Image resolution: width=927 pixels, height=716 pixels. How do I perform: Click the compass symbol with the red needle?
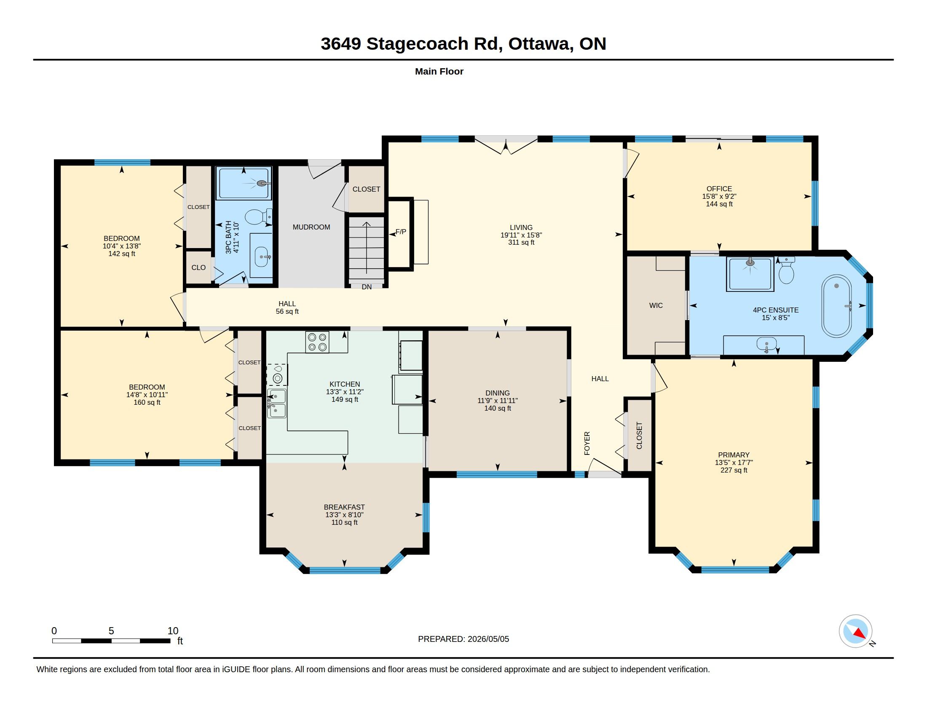tap(855, 631)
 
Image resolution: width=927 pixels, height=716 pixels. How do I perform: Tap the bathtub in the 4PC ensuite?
tap(836, 306)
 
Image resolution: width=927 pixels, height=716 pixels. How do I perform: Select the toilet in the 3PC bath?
tap(257, 217)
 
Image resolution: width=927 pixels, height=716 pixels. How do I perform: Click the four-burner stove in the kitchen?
tap(317, 342)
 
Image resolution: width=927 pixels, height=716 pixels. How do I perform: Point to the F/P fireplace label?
tap(401, 232)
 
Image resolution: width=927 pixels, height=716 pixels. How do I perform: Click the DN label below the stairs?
tap(367, 287)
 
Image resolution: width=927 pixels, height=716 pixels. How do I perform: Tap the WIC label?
tap(656, 305)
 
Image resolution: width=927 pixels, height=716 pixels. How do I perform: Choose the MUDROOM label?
tap(311, 227)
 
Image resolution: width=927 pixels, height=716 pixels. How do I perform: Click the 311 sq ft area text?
tap(521, 243)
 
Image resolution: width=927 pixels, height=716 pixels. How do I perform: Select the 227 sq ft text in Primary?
tap(734, 470)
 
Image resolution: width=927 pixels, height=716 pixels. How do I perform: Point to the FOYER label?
tap(587, 443)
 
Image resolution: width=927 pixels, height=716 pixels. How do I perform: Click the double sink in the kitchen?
tap(277, 403)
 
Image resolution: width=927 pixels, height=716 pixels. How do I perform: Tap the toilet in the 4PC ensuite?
tap(786, 270)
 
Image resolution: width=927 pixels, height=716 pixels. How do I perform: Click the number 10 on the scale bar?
tap(173, 631)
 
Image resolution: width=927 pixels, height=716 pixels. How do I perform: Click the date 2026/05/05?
tap(488, 639)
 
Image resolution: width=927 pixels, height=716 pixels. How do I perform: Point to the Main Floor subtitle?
tap(439, 71)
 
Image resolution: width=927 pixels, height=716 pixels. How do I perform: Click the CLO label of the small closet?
tap(198, 267)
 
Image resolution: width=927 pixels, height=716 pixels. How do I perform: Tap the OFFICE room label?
tap(719, 189)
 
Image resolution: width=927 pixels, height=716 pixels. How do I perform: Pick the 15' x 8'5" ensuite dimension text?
tap(775, 318)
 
